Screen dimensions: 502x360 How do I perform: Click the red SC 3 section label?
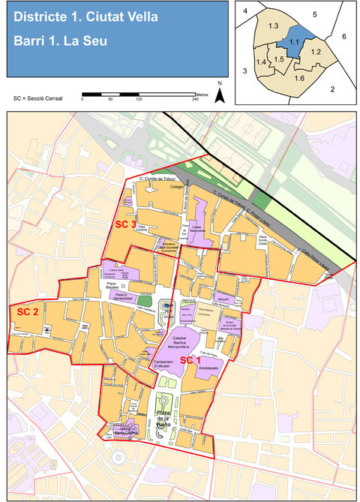pos(124,224)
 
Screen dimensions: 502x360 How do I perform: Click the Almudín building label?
pos(223,298)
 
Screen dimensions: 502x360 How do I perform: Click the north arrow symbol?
pos(220,93)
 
